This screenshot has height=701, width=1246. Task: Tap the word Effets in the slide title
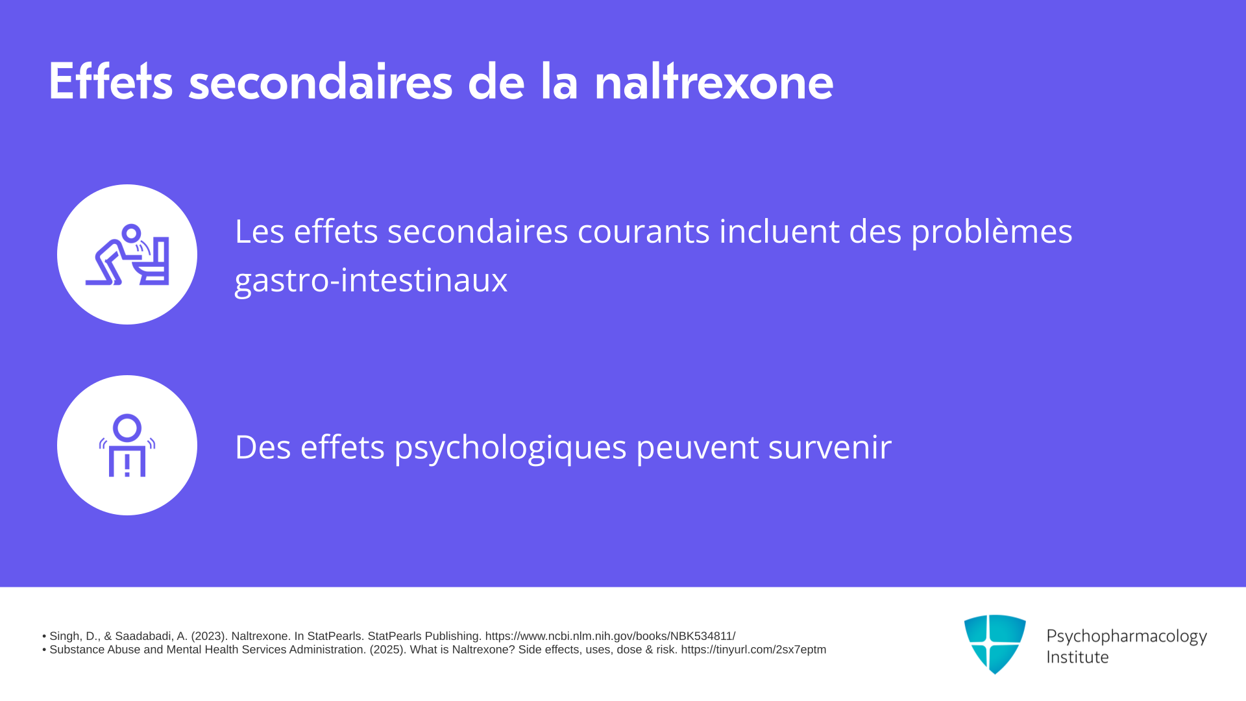(110, 81)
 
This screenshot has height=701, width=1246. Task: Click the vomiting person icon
(127, 254)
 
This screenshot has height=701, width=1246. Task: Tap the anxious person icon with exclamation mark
(127, 445)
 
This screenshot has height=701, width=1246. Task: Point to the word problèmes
(992, 232)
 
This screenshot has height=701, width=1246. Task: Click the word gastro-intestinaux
(371, 280)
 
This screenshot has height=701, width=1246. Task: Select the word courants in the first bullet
(643, 231)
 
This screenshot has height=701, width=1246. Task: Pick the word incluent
(779, 231)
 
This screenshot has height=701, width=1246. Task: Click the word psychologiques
(510, 448)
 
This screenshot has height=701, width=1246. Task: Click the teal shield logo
(995, 644)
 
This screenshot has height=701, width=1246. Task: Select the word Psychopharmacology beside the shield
(1127, 637)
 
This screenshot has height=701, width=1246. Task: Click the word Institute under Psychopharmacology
(1077, 657)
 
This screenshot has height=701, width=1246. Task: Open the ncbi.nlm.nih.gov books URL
(610, 636)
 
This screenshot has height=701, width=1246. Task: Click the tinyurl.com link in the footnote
(753, 650)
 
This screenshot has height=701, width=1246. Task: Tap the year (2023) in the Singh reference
(208, 636)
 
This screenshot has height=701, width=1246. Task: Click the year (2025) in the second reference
(387, 650)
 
